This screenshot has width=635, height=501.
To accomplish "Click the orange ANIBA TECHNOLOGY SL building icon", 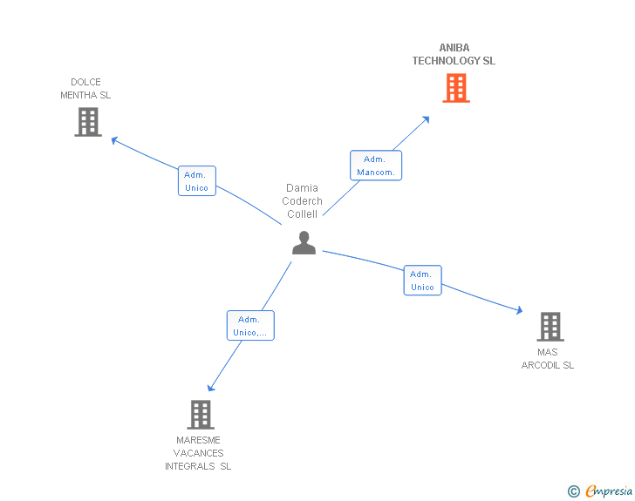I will [455, 88].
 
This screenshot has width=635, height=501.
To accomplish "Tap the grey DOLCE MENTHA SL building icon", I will [88, 122].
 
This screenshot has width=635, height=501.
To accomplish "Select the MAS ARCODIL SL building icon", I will [550, 327].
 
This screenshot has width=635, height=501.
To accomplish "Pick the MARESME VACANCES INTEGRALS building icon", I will [200, 415].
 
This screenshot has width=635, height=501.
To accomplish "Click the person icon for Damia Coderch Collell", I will [304, 243].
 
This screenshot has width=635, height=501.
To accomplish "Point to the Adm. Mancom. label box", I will [376, 166].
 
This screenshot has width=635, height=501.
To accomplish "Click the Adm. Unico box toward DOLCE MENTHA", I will [196, 181].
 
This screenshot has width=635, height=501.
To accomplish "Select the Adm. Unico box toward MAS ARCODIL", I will [422, 281].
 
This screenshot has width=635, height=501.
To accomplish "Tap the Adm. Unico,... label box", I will [250, 326].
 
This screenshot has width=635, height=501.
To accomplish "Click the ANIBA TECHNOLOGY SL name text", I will [454, 55].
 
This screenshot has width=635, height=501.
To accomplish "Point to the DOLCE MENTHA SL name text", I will [85, 89].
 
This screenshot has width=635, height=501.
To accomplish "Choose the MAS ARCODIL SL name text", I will [548, 359].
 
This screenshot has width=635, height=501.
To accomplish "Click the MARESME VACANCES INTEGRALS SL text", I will [198, 453].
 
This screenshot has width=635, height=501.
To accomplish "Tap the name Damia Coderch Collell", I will [303, 201].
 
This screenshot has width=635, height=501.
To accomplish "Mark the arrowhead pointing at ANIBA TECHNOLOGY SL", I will [427, 119].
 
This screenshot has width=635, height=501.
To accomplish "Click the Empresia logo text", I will [609, 491].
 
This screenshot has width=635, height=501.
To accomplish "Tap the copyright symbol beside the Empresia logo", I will [574, 492].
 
